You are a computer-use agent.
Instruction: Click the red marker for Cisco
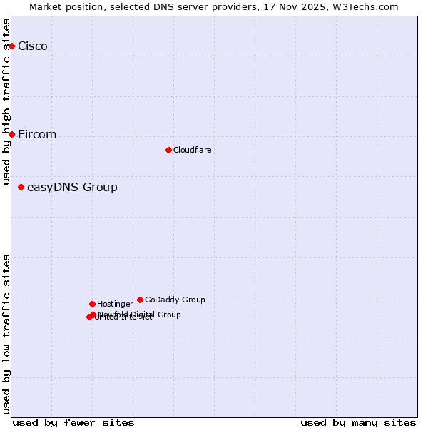click(11, 46)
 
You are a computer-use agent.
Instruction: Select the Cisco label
click(33, 46)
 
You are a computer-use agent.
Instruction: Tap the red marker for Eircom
click(11, 134)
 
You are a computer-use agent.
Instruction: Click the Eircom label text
click(37, 135)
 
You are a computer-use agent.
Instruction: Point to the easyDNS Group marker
click(21, 187)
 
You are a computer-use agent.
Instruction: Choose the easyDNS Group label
click(72, 188)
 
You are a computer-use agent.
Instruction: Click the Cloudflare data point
click(168, 150)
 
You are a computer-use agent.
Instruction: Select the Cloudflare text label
click(193, 150)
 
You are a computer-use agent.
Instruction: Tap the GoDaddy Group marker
click(140, 300)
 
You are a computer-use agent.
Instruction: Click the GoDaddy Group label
click(175, 300)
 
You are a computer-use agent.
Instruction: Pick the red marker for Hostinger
click(92, 304)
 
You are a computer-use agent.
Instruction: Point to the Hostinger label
click(116, 304)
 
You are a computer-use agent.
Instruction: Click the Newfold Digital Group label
click(140, 315)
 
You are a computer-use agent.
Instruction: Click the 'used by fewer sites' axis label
click(73, 422)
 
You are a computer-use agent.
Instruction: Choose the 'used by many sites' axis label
click(358, 422)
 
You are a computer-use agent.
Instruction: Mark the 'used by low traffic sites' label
click(6, 333)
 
